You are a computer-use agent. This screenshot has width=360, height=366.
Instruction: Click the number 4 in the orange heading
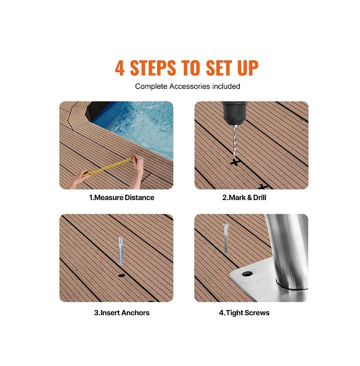(119, 68)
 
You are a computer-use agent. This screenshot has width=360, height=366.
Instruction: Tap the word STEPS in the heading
(153, 68)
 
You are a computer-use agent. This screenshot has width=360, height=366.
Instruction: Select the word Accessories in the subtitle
(190, 86)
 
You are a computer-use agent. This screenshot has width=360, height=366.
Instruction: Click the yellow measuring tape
(108, 167)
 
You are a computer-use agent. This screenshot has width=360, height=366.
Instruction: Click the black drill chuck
(234, 113)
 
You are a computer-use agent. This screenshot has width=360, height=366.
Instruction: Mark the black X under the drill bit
(235, 161)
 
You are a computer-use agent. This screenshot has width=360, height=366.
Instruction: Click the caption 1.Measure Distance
(121, 197)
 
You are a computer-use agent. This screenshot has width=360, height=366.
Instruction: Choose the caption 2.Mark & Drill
(244, 197)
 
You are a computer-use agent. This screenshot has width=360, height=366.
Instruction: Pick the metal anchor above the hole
(120, 250)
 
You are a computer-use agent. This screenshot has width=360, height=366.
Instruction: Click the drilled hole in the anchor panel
(121, 276)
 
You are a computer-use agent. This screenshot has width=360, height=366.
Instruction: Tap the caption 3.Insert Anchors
(121, 313)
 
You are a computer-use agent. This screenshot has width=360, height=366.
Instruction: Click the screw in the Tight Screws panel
(226, 239)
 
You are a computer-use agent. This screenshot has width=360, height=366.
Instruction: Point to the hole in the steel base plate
(247, 273)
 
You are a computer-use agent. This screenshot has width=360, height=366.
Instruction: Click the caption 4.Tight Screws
(244, 313)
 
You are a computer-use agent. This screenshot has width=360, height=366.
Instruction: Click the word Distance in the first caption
(139, 197)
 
